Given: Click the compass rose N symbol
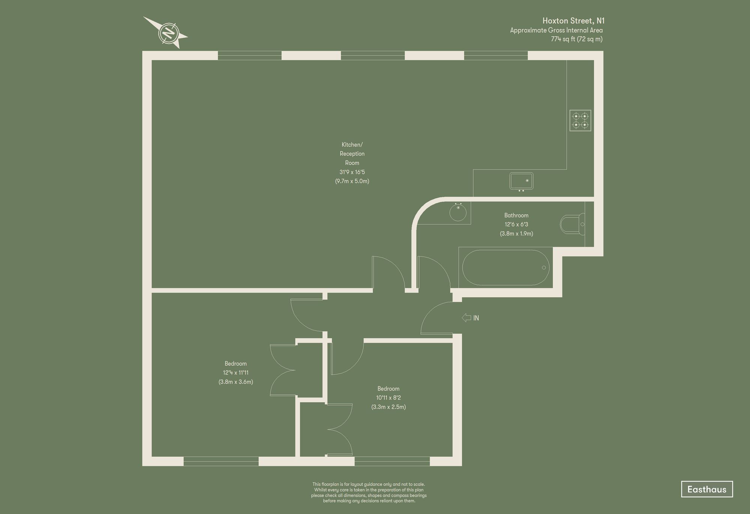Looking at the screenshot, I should pos(168,33).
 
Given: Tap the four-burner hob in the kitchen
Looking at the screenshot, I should pos(580,120).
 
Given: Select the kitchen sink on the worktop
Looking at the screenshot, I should pos(521,181).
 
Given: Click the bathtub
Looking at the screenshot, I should pos(505,268).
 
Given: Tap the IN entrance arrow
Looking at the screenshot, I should pos(466,318).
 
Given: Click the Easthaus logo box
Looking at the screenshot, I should pos(706,489).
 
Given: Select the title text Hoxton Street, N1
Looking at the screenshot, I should pos(573,21).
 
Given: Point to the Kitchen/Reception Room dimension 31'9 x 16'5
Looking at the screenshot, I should pos(352,172).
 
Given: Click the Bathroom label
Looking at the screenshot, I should pos(516,215).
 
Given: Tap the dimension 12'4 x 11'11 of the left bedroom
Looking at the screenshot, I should pos(235,373).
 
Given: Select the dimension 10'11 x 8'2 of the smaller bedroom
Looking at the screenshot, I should pos(388,398).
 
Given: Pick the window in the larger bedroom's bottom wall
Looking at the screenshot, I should pos(221,461).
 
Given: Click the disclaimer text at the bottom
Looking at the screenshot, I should pos(369,493).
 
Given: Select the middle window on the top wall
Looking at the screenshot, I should pos(373,55).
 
